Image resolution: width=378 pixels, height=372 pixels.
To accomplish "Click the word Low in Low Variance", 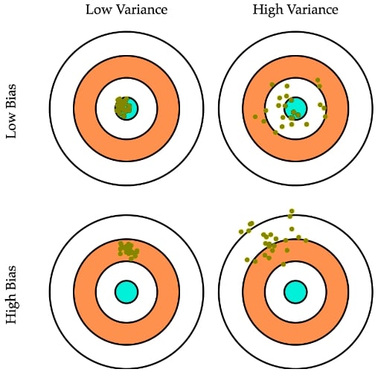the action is point(97,10).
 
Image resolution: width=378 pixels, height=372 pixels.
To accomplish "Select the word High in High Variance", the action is point(268,10).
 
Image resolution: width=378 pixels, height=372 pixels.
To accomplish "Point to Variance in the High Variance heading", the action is point(313,10).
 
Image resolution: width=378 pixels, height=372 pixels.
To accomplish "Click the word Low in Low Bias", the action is point(11,127).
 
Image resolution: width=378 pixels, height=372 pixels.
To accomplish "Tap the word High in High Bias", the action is point(12,310).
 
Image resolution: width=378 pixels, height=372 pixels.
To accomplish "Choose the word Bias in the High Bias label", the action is point(11,279).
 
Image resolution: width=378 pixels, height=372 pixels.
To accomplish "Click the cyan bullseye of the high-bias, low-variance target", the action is point(126,292).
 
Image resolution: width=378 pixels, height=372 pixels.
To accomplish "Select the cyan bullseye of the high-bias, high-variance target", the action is point(295,292).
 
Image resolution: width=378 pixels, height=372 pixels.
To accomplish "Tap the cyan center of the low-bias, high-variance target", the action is point(295,109).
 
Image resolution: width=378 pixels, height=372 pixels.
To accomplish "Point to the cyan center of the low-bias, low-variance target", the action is point(126,109).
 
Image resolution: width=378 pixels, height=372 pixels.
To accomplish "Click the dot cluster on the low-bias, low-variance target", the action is point(123,107).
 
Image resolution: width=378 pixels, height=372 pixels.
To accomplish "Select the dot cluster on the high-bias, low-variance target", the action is point(128,250).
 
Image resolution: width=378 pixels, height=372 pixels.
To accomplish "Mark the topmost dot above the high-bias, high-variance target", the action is point(292,211).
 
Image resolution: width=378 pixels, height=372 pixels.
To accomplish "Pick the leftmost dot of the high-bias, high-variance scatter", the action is point(241,231).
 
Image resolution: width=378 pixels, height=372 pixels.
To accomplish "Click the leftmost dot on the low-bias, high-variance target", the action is point(255,117).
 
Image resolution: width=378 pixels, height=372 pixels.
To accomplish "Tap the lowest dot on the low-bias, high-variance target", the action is point(275,132).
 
